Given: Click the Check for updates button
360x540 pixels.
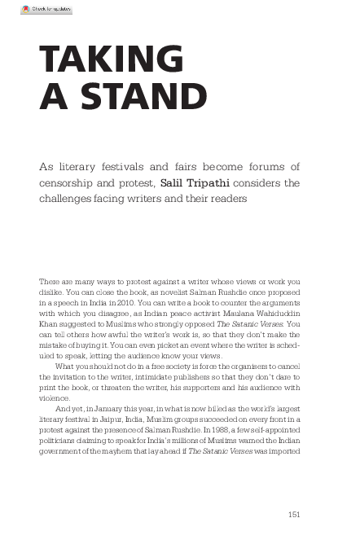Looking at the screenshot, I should click(46, 10).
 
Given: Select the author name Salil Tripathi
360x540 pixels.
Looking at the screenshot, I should click(195, 182).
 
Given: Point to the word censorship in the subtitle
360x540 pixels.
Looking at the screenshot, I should click(72, 182).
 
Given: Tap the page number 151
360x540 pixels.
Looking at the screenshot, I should click(296, 513).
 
